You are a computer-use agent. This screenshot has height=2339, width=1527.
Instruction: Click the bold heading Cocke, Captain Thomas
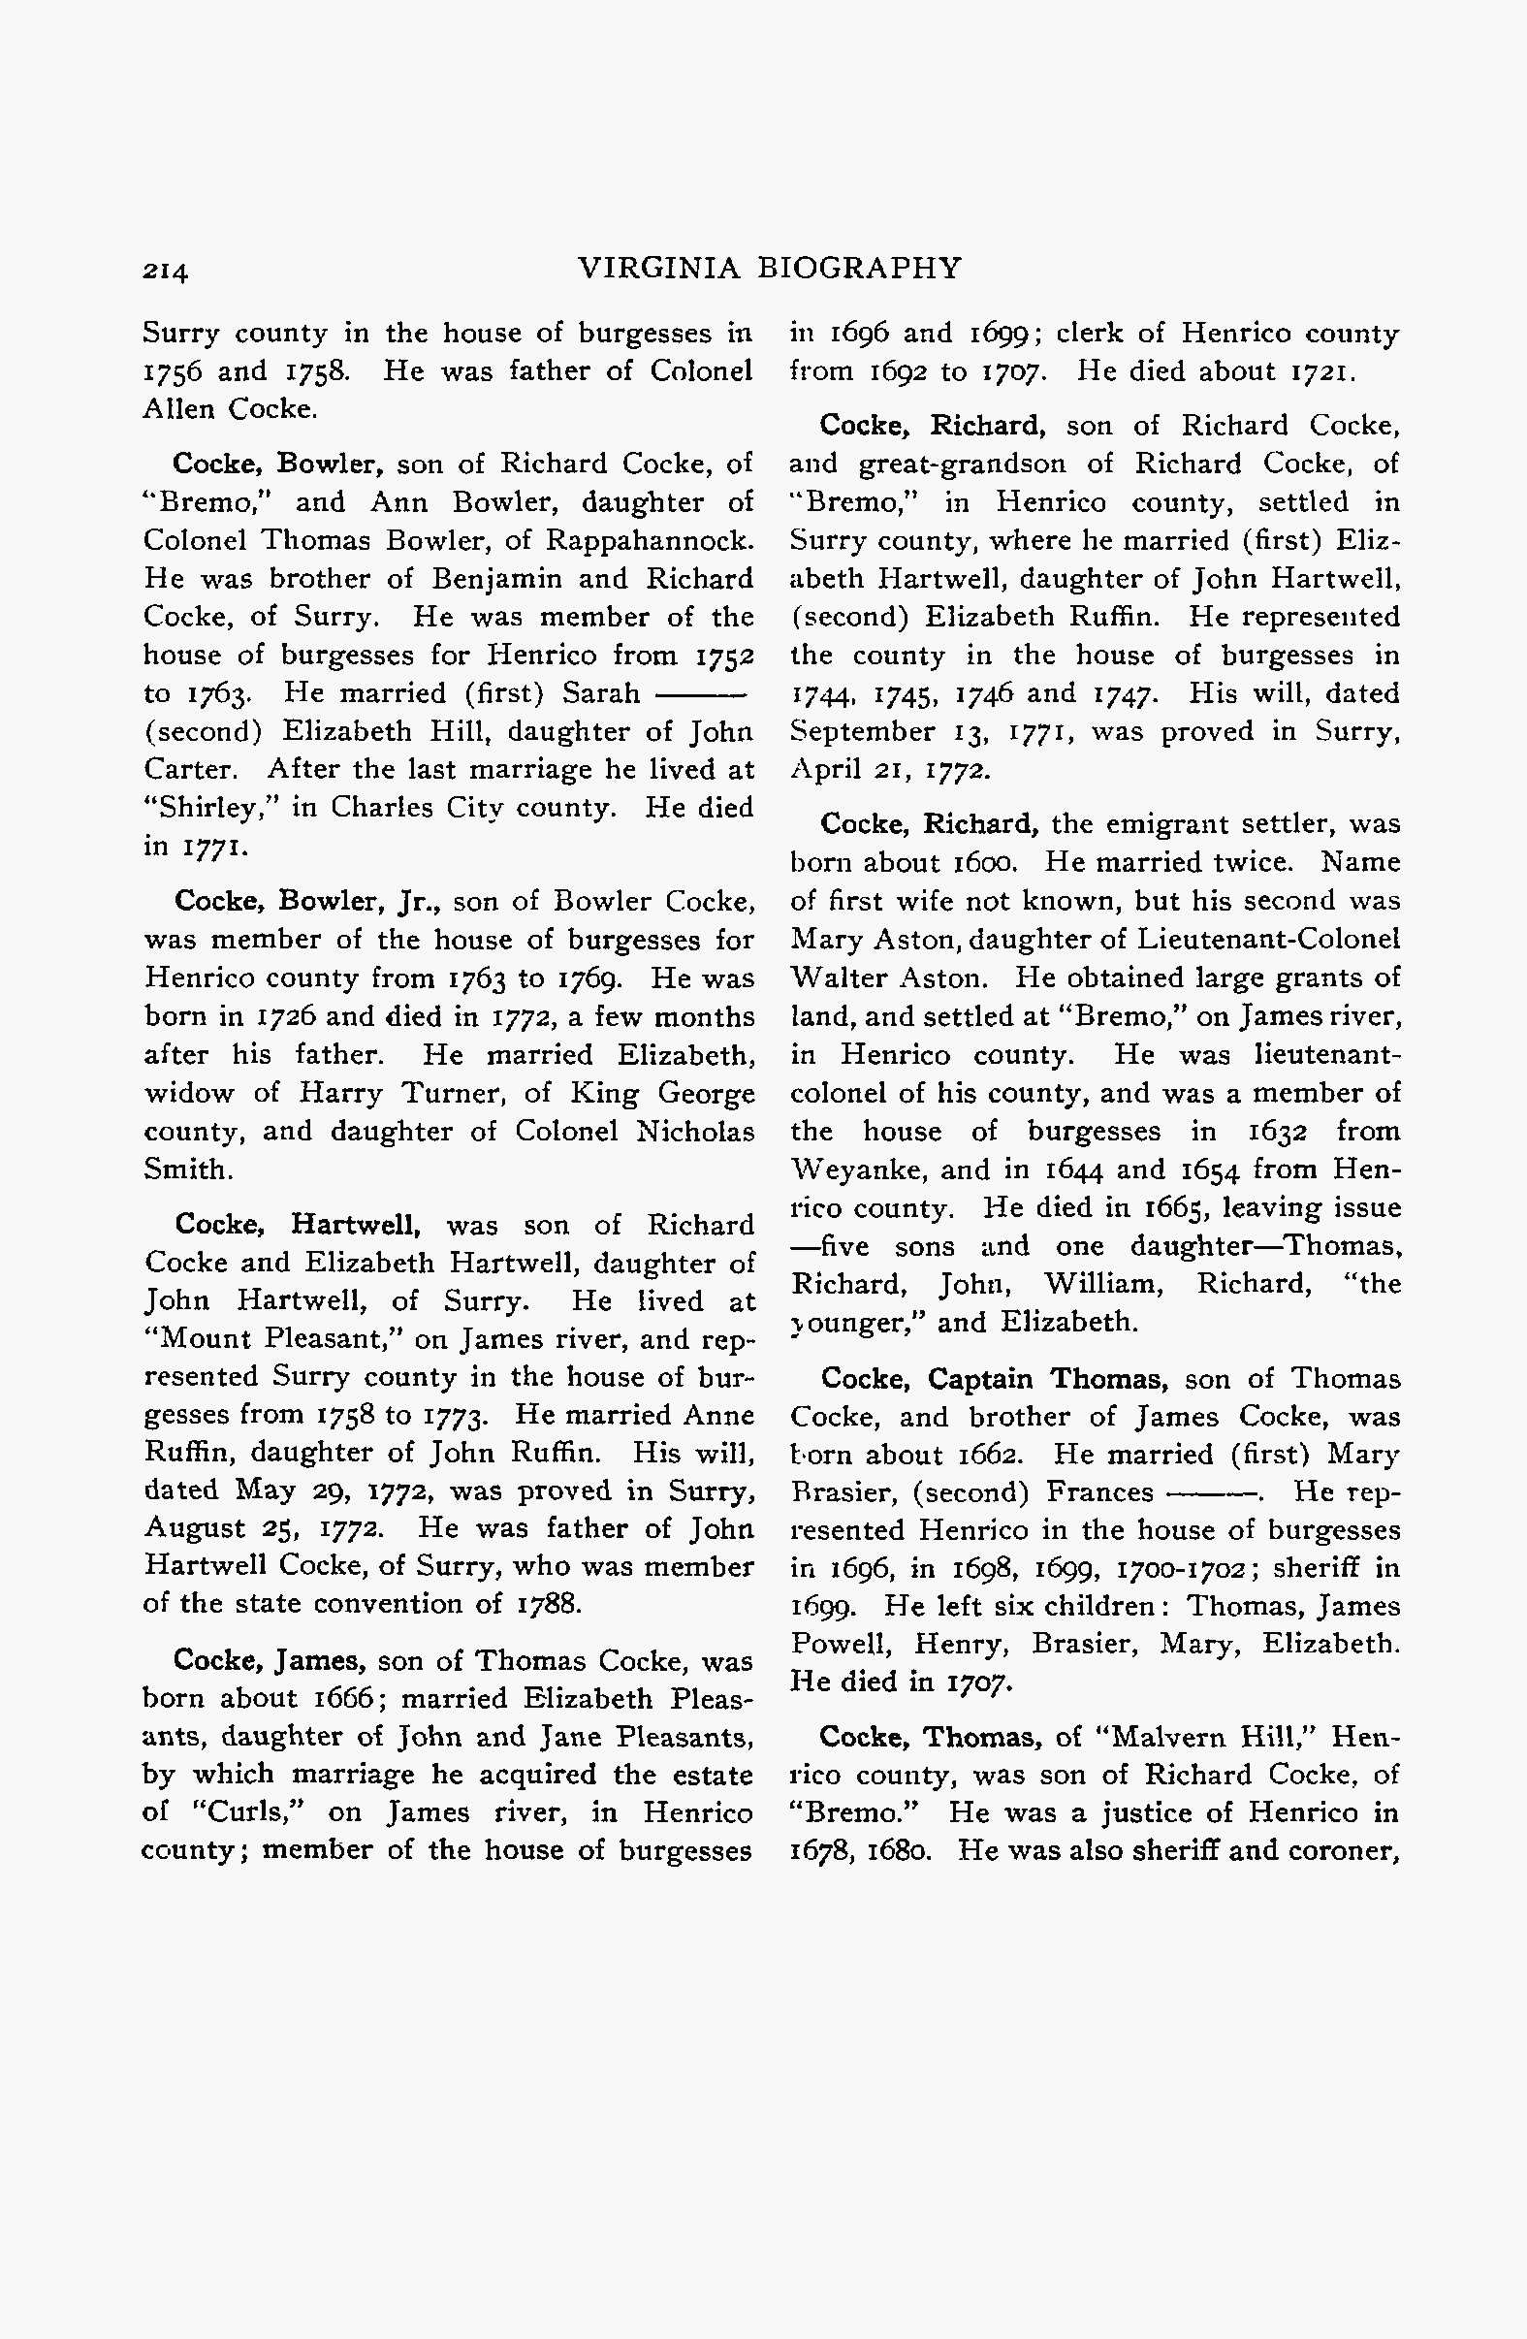pyautogui.click(x=994, y=1379)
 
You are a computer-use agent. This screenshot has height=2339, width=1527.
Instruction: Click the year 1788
pyautogui.click(x=551, y=1604)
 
